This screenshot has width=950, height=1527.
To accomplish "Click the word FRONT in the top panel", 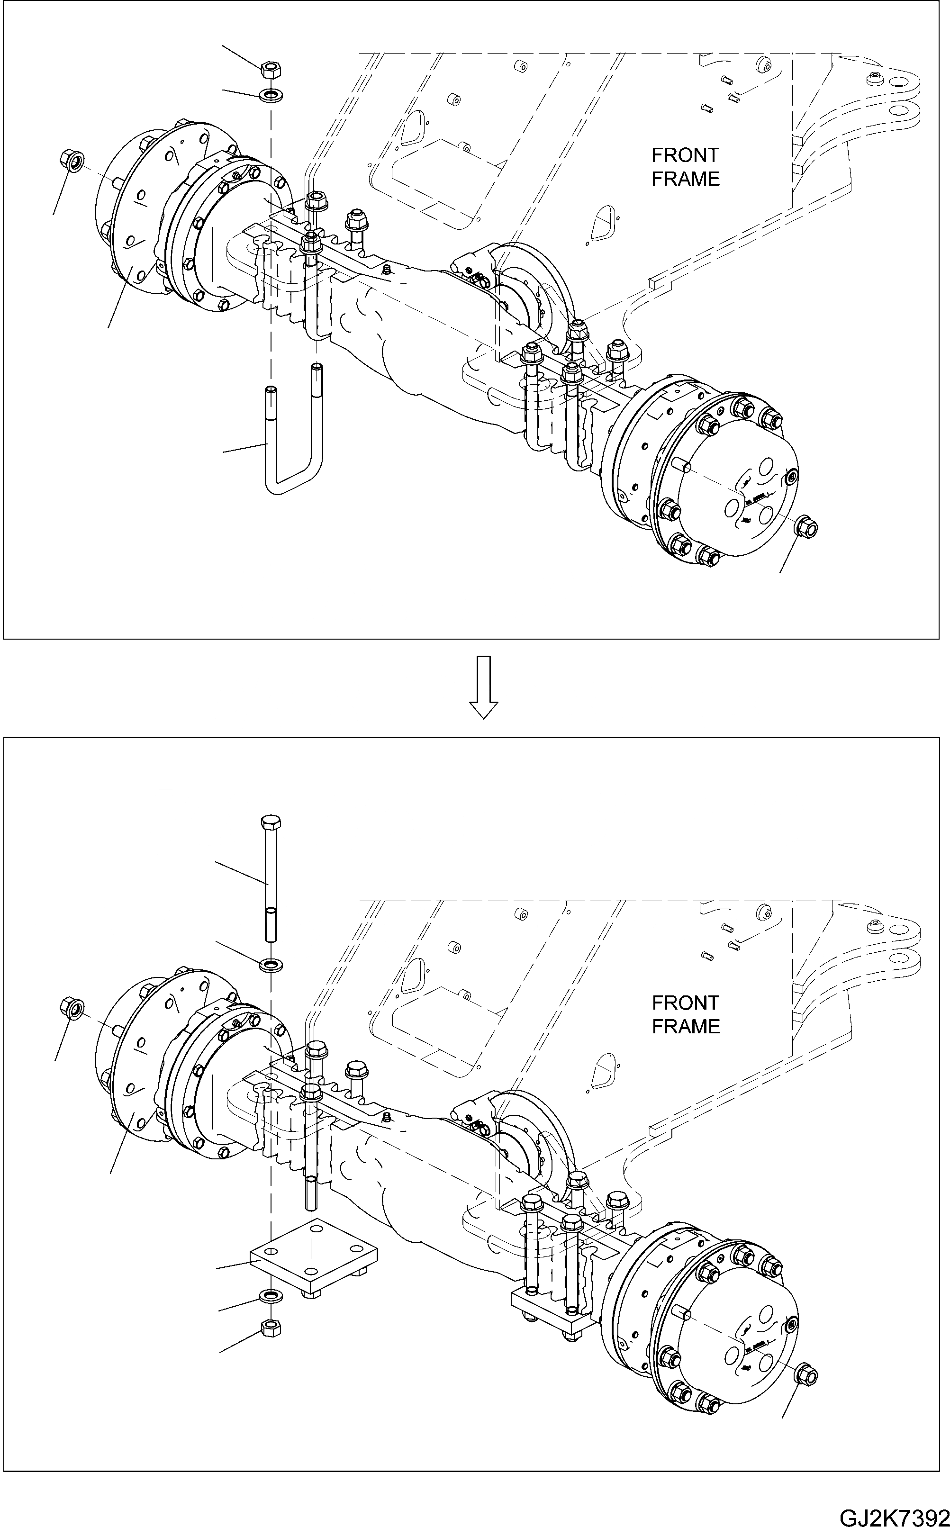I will pos(685,155).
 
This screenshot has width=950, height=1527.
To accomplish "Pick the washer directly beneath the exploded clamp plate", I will pos(271,1296).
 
